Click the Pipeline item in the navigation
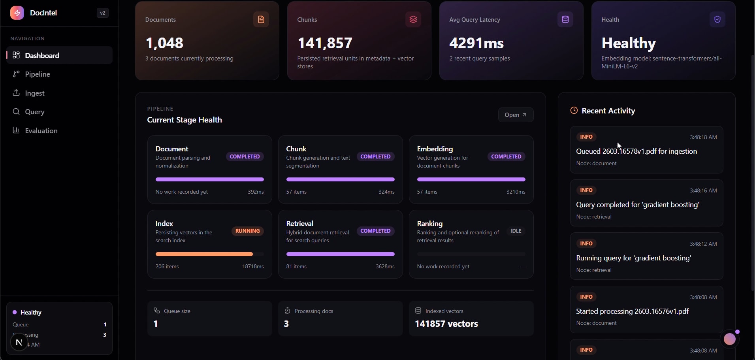(37, 74)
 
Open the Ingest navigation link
(34, 93)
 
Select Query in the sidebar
(34, 112)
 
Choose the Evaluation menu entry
(41, 131)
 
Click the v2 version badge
(102, 13)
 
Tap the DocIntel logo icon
(17, 13)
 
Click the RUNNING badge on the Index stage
(247, 231)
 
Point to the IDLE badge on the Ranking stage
(516, 231)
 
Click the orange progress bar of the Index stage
(204, 254)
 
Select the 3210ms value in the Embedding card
(516, 192)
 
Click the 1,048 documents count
(164, 43)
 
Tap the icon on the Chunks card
(413, 19)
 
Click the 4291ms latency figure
(476, 43)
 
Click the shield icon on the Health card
(717, 19)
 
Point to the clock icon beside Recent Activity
(574, 111)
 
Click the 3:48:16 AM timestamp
(703, 190)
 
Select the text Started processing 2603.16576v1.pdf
(632, 311)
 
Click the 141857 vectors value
(446, 324)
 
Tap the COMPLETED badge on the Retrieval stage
(375, 231)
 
